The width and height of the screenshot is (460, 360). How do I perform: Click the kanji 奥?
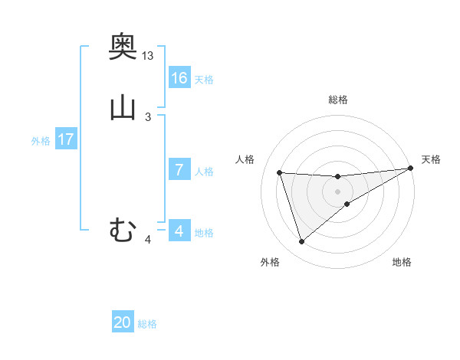tap(123, 47)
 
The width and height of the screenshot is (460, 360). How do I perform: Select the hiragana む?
tap(123, 229)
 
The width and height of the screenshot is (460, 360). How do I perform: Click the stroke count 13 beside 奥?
tap(148, 56)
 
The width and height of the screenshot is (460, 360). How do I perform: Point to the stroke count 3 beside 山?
tap(148, 116)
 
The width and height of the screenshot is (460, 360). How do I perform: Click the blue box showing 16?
tap(179, 78)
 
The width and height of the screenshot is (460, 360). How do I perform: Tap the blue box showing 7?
tap(179, 170)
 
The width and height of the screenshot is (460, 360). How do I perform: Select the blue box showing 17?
tap(66, 140)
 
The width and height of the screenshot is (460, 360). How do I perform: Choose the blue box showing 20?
tap(123, 322)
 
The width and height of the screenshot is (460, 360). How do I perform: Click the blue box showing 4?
tap(179, 231)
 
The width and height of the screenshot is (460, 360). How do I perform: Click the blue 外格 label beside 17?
tap(41, 141)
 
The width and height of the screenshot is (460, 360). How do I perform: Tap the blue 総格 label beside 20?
tap(147, 324)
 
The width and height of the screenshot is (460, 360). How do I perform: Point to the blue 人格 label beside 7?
tap(204, 172)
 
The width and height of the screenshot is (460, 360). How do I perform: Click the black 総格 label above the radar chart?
tap(338, 100)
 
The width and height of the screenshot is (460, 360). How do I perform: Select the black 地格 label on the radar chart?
tap(402, 263)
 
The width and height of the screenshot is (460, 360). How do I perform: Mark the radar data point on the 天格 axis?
tap(410, 169)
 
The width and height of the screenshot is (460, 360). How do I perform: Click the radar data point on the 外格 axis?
tap(301, 242)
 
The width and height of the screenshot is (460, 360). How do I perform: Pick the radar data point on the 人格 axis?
tap(280, 172)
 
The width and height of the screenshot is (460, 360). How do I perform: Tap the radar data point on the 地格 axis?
tap(347, 204)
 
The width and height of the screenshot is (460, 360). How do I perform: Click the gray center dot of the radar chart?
tap(338, 191)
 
